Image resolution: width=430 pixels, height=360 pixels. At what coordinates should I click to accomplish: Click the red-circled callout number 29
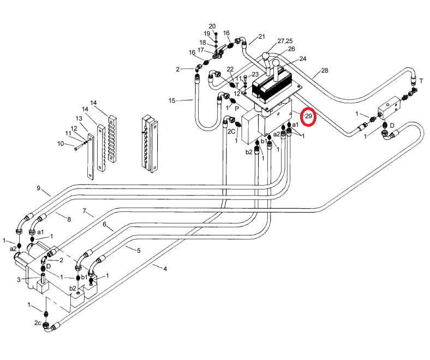click(x=309, y=116)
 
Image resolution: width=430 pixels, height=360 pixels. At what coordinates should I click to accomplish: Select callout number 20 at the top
click(x=212, y=26)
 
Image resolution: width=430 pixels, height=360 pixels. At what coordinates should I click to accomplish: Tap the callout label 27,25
click(x=285, y=41)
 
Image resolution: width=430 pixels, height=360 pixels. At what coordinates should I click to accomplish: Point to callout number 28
click(x=325, y=70)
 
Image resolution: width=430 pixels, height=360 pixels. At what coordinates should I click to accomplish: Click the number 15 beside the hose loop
click(x=172, y=101)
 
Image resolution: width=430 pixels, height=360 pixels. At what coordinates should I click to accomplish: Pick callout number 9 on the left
click(x=39, y=188)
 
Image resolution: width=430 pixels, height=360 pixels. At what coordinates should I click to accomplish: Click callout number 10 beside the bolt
click(x=61, y=144)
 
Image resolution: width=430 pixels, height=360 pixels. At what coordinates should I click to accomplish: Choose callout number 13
click(x=79, y=119)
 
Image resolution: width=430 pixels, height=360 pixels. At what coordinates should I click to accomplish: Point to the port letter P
click(x=237, y=108)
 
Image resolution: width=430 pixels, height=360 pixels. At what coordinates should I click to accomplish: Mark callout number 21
click(x=261, y=37)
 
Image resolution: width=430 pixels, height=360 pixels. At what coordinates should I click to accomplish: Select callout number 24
click(x=302, y=58)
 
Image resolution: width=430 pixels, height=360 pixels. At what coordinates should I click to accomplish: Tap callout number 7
click(x=85, y=210)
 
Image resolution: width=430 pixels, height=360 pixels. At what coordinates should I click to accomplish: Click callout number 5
click(x=139, y=251)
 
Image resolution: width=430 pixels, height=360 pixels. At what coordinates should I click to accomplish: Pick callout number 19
click(x=207, y=34)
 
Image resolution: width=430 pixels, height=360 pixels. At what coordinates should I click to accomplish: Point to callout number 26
click(x=291, y=49)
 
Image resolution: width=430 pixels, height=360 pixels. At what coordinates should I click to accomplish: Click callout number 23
click(x=255, y=74)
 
